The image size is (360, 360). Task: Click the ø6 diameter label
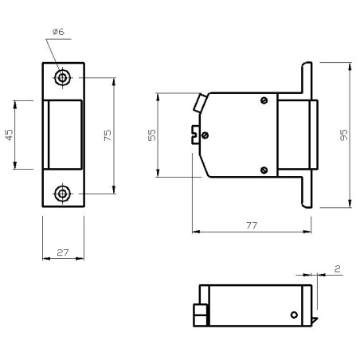coord(58,31)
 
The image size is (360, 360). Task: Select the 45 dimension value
coord(10,135)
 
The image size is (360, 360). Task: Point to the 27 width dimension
coord(63,252)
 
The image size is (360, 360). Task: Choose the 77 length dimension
coord(252,226)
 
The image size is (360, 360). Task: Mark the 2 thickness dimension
coord(338,270)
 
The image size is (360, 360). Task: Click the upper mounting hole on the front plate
coord(63,78)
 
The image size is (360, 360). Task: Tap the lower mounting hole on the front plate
coord(63,194)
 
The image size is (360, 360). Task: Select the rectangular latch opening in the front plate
coord(64,135)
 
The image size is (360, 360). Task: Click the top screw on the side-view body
coord(264,100)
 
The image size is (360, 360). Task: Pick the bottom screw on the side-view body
coord(264,168)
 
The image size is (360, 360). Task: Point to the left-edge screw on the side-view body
coord(206,135)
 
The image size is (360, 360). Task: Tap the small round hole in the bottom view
coord(294,315)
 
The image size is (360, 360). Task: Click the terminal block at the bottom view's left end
coord(201,316)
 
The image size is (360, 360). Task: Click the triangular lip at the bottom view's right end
coord(314,320)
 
